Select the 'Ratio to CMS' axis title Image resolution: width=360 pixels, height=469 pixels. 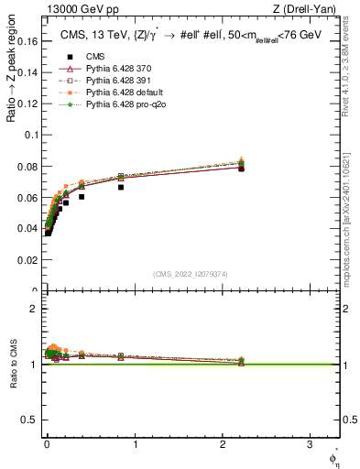(13, 365)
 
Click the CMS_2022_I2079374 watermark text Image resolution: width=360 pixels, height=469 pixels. (190, 272)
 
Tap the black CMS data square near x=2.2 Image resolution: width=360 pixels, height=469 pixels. (241, 169)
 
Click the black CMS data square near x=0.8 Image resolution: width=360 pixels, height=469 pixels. (120, 187)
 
